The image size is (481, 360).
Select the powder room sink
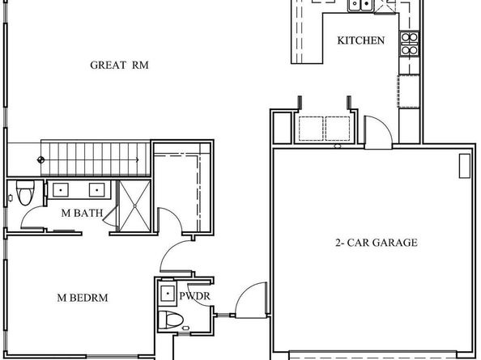coord(168,292)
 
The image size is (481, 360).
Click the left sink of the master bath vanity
coord(62,191)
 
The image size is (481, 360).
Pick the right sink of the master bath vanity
coord(96,191)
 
